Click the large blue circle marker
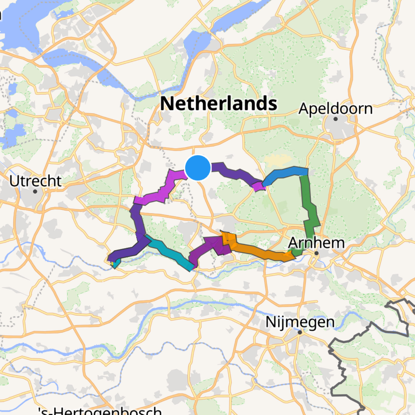(198, 168)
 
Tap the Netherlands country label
(218, 103)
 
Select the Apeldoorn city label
(335, 109)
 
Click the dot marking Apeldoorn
(335, 119)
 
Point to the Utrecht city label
(35, 181)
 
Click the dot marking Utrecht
(35, 191)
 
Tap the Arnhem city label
(316, 243)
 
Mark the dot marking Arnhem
(316, 253)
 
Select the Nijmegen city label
(300, 322)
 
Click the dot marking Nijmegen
(300, 332)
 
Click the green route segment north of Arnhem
(310, 209)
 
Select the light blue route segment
(285, 173)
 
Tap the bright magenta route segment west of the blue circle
(165, 189)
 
